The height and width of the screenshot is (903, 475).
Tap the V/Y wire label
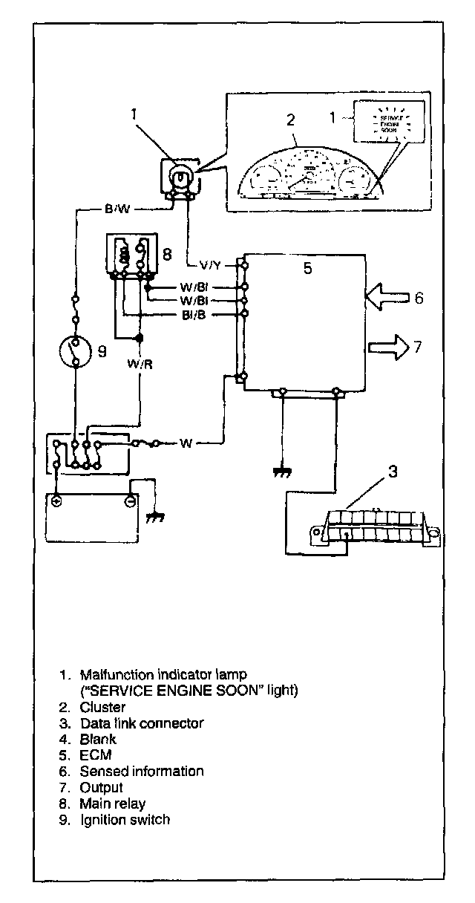210,264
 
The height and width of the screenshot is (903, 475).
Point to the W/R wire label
140,364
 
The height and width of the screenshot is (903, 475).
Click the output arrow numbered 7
390,346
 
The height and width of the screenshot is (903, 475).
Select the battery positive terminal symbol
57,501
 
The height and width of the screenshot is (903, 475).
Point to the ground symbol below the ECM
281,472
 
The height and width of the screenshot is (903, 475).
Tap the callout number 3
393,471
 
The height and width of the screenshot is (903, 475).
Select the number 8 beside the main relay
167,255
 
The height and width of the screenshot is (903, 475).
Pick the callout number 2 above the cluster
291,119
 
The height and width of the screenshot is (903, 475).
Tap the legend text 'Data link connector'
141,723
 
